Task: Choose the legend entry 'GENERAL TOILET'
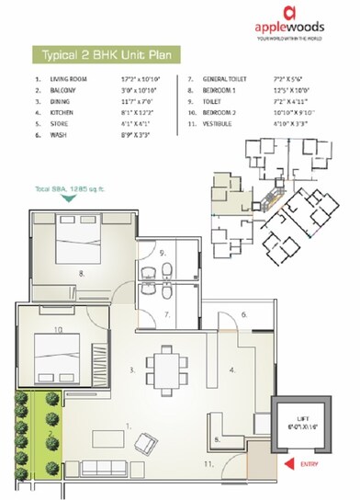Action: (x=241, y=81)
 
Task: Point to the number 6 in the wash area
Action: (x=244, y=313)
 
